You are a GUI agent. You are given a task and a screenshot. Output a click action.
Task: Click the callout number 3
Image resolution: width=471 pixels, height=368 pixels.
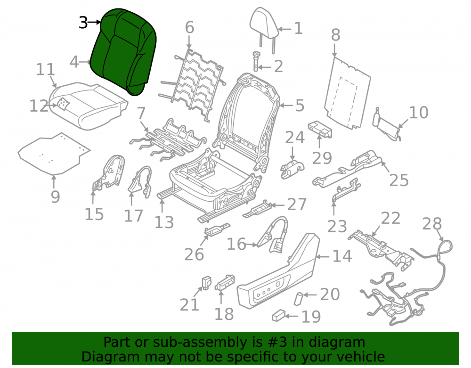83,23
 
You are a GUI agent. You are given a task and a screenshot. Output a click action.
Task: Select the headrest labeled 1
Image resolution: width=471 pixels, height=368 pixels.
263,29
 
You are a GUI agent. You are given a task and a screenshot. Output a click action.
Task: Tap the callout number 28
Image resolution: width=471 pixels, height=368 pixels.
432,224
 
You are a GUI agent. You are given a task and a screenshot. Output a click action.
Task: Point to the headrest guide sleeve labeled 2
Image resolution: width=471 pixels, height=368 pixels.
256,61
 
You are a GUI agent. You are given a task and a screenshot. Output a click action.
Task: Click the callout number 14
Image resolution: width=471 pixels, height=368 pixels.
342,256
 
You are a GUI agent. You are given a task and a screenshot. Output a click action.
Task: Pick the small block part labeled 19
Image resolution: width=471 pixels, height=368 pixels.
278,316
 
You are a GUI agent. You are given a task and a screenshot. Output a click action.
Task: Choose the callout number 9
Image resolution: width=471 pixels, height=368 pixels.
55,197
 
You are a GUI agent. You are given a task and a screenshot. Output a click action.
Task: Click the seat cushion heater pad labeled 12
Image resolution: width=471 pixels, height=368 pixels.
63,104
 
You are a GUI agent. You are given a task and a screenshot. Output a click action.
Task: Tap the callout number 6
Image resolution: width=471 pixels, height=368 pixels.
189,27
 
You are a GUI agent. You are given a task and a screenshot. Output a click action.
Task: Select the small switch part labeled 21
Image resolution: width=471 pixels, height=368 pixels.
206,282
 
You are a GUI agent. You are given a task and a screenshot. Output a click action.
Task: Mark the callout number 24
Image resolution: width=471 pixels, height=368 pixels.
295,137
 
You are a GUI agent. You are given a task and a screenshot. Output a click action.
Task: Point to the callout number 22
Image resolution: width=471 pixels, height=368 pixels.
390,218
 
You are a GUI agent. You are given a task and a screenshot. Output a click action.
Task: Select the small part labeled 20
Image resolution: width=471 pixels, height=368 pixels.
298,299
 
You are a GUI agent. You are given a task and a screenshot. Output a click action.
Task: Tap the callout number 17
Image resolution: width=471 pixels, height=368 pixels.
133,216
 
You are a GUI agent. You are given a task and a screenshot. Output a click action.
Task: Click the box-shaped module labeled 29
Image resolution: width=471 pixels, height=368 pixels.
320,130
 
